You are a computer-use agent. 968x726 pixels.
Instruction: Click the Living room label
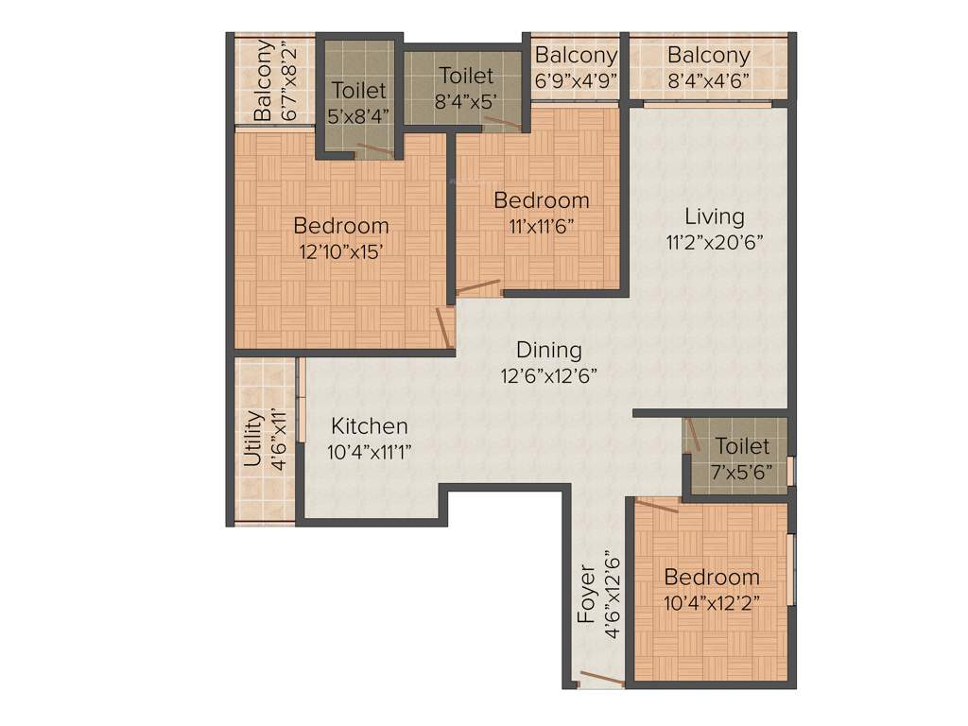pyautogui.click(x=715, y=216)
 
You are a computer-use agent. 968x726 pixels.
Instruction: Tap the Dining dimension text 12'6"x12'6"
pyautogui.click(x=549, y=374)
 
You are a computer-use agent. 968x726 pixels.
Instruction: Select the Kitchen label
pyautogui.click(x=369, y=426)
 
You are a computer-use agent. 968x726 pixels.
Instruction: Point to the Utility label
pyautogui.click(x=252, y=439)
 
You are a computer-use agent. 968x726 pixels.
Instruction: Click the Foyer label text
pyautogui.click(x=586, y=595)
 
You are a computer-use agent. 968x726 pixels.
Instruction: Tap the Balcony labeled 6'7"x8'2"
pyautogui.click(x=266, y=80)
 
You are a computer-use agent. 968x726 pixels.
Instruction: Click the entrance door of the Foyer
pyautogui.click(x=600, y=678)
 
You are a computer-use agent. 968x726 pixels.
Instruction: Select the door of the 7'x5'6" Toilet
pyautogui.click(x=693, y=436)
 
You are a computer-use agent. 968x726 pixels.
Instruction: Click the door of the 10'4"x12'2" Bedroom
pyautogui.click(x=656, y=507)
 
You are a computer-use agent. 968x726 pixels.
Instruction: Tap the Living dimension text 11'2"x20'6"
pyautogui.click(x=715, y=240)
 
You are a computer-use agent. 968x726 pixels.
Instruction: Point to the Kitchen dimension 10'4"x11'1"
pyautogui.click(x=369, y=452)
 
